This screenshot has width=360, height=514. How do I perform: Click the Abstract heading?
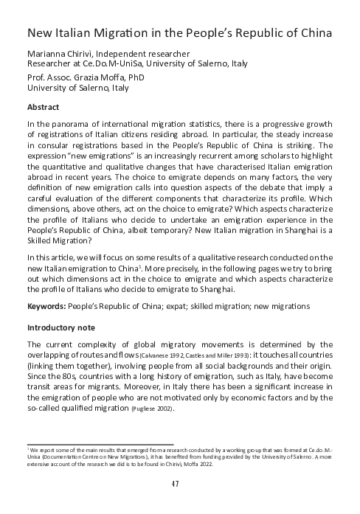click(44, 106)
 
